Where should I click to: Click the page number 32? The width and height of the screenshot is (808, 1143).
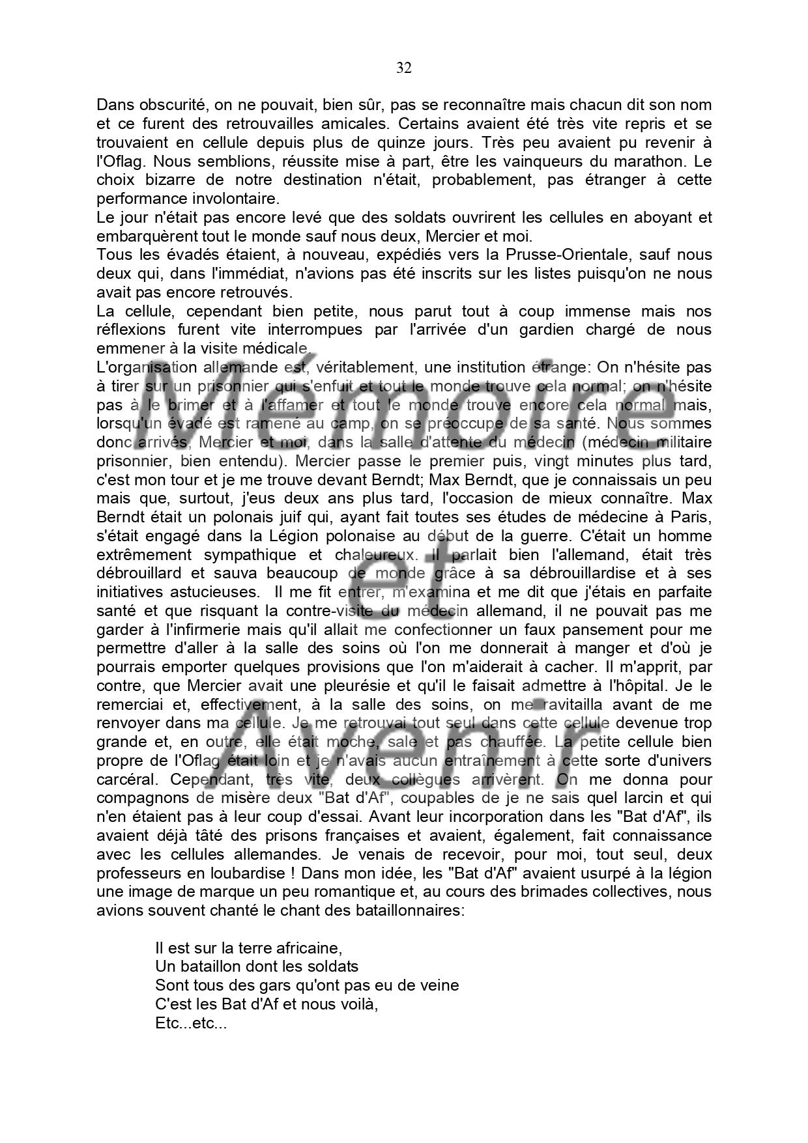coord(403,68)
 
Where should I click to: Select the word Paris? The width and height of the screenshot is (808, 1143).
coord(691,518)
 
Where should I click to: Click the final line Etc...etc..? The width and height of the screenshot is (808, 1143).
coord(191,1023)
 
